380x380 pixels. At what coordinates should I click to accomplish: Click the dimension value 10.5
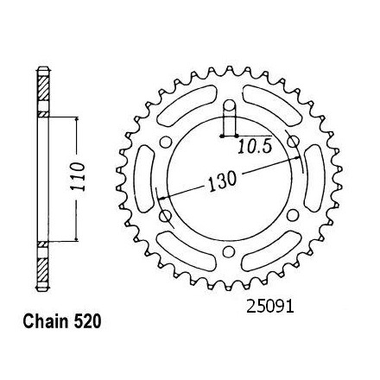click(255, 147)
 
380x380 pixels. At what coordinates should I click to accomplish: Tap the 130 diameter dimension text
click(222, 181)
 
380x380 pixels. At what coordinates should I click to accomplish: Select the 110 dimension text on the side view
click(78, 176)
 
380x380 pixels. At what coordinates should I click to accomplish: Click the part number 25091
click(269, 307)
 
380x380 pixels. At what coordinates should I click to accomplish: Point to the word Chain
click(45, 321)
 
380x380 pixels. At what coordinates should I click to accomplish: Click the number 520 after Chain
click(86, 321)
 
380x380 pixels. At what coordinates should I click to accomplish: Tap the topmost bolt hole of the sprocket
click(230, 105)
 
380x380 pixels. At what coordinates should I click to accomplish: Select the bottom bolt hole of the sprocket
click(229, 250)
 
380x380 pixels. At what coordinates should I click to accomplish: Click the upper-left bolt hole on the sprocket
click(166, 142)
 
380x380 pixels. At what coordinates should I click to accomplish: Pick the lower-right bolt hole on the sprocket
click(293, 215)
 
